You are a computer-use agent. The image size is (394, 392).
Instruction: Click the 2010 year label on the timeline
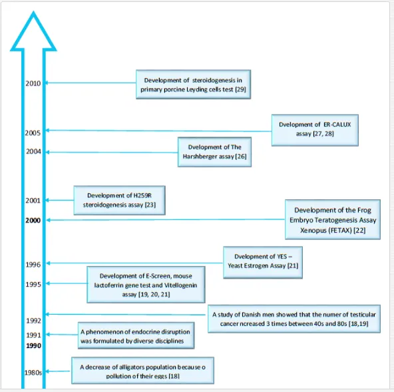point(33,83)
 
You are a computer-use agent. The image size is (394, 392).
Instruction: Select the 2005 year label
point(33,133)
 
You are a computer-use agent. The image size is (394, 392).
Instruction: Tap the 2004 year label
point(34,151)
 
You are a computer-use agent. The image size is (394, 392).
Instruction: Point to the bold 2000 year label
point(33,220)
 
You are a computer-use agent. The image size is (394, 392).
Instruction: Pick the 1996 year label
point(33,265)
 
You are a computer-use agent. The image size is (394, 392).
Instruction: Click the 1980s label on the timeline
point(33,373)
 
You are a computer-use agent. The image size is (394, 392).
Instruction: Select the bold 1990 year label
point(34,346)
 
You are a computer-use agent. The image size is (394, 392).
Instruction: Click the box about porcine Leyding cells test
point(193,85)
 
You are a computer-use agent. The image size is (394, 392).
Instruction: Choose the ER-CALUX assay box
point(315,130)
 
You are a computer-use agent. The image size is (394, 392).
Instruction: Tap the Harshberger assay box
point(214,152)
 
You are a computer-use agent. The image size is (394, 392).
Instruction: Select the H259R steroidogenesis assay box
point(119,201)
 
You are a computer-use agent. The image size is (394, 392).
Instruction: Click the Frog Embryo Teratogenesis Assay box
point(333,219)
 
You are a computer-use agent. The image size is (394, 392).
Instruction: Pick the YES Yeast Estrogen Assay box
point(263,263)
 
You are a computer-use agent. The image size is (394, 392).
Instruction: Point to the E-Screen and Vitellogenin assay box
point(146,285)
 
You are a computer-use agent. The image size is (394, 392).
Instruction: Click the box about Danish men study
point(294,319)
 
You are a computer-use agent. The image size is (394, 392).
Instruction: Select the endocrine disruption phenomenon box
point(136,335)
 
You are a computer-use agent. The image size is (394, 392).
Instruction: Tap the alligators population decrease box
point(142,371)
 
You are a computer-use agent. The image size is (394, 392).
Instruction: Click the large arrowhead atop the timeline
point(33,31)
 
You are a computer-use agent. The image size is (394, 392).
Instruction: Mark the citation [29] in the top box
point(240,89)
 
